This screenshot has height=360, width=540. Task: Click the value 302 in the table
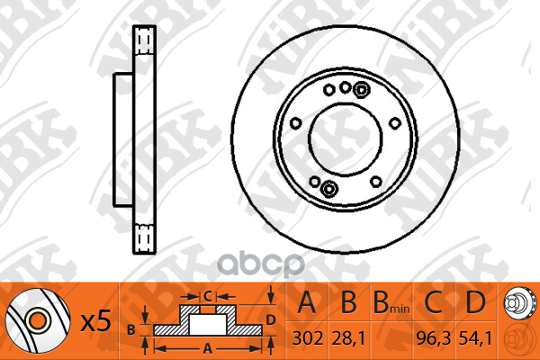click(308, 338)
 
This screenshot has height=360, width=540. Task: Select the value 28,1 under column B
click(348, 339)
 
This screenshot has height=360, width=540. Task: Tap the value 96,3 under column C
click(433, 339)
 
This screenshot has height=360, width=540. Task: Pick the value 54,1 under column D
click(475, 339)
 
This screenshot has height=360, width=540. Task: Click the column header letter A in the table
click(307, 302)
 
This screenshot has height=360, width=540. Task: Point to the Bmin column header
click(391, 303)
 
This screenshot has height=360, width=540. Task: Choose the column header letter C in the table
click(433, 302)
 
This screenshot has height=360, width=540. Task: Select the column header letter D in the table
click(475, 302)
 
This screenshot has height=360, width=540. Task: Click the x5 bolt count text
click(95, 321)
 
